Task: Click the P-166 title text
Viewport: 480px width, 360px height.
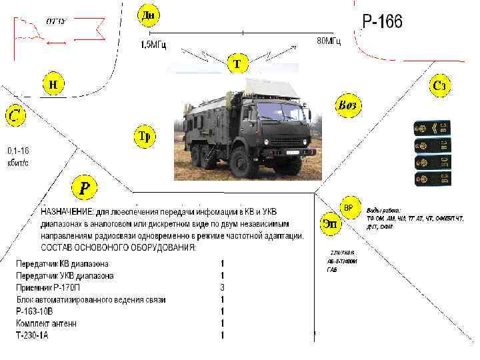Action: click(382, 22)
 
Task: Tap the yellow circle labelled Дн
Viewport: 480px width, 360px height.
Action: click(148, 14)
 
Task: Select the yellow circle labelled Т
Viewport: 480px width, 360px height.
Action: click(237, 64)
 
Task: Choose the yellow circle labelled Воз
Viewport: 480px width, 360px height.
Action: click(348, 105)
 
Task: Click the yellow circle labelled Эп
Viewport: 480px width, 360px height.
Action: click(330, 223)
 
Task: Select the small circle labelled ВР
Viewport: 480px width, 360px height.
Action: click(349, 208)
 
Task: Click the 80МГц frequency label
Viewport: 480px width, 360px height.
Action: click(328, 41)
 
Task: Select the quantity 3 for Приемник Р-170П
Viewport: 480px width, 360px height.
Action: click(223, 287)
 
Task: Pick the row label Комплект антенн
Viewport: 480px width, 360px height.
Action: click(47, 323)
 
